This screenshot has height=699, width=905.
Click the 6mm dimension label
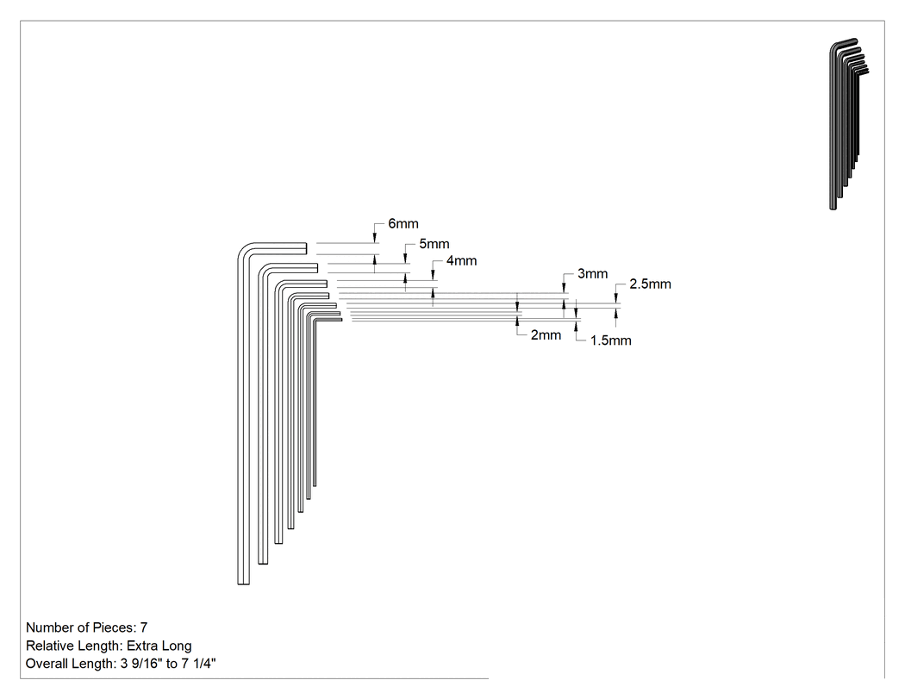tap(403, 223)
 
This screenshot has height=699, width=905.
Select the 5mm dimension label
tap(434, 244)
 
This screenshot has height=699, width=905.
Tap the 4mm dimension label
tap(461, 261)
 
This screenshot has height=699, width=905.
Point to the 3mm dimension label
tap(593, 273)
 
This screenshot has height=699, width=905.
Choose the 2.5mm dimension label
tap(650, 284)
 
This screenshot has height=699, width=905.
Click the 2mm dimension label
tap(546, 334)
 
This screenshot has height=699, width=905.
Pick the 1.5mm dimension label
tap(610, 340)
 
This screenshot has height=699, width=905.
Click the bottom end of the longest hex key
tap(244, 584)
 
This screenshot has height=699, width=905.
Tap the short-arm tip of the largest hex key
tap(306, 248)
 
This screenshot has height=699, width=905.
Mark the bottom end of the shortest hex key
tap(315, 486)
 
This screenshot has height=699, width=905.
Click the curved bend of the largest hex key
tap(244, 249)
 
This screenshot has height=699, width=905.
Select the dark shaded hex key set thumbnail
tap(848, 123)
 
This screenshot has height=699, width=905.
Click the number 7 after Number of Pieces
tap(144, 627)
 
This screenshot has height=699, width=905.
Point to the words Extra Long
tap(159, 646)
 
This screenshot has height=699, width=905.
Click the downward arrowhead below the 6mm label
tap(375, 238)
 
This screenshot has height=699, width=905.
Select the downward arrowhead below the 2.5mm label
tap(616, 298)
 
